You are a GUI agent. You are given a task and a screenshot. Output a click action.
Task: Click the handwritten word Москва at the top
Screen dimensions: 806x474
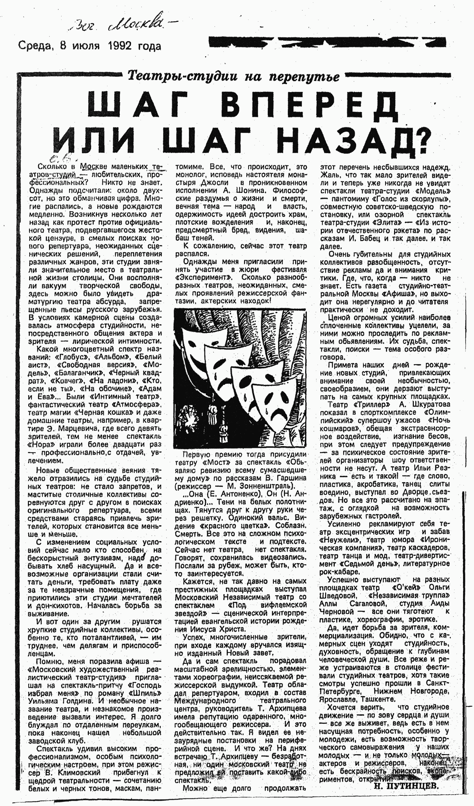point(137,27)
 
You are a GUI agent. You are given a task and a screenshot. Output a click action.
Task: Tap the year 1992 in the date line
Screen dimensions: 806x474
point(120,46)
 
